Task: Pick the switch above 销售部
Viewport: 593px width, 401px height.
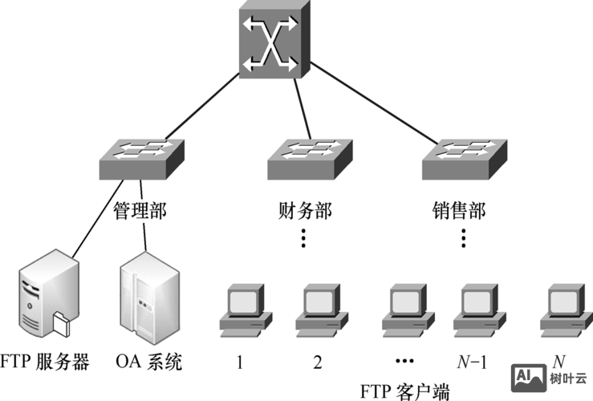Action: click(x=465, y=159)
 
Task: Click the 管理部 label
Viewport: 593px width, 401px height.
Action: click(x=139, y=211)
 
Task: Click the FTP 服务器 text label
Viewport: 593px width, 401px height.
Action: click(x=47, y=362)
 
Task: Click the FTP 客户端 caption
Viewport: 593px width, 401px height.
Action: click(x=404, y=391)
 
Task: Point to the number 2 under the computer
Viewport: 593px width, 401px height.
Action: click(x=318, y=363)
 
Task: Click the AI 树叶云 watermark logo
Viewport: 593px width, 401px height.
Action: click(x=550, y=375)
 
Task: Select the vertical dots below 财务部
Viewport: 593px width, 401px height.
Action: click(x=303, y=238)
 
